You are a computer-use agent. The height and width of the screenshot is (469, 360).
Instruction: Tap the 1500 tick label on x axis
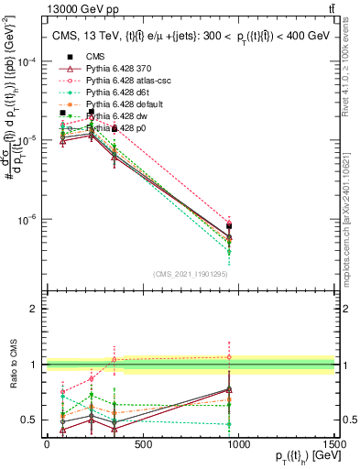[335, 443]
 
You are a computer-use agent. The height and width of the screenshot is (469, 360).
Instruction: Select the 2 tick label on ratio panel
[34, 309]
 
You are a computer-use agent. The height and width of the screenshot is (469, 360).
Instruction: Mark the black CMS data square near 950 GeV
[229, 225]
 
